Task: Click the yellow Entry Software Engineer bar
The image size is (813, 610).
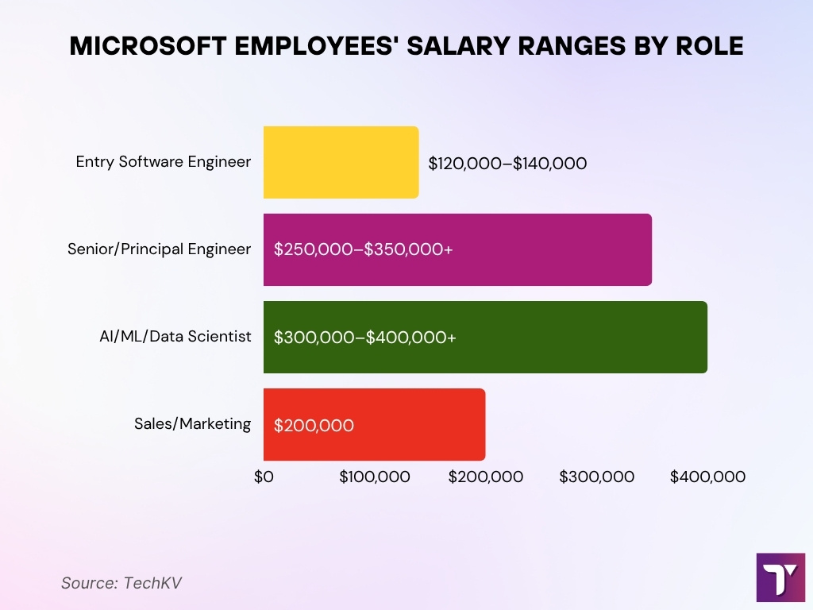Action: point(341,162)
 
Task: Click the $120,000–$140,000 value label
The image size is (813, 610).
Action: point(507,164)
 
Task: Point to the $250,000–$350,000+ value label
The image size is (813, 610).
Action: point(363,249)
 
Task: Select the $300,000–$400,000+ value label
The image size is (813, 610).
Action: point(364,337)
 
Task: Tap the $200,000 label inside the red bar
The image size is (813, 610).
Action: point(314,426)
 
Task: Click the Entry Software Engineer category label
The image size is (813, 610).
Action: point(163,162)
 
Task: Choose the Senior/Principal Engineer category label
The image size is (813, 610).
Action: point(159,249)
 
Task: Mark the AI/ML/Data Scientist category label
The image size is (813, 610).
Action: point(170,337)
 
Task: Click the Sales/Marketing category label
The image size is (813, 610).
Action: point(192,424)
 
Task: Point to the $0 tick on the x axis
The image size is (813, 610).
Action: point(264,477)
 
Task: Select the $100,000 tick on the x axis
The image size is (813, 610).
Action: point(375,477)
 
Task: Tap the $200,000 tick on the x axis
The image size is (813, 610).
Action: point(486,477)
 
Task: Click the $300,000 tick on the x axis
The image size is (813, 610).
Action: point(597,477)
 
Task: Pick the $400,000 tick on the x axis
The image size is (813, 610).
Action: point(707,477)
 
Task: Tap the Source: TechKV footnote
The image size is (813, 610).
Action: point(121,582)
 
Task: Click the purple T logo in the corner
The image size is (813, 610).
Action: point(780,577)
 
